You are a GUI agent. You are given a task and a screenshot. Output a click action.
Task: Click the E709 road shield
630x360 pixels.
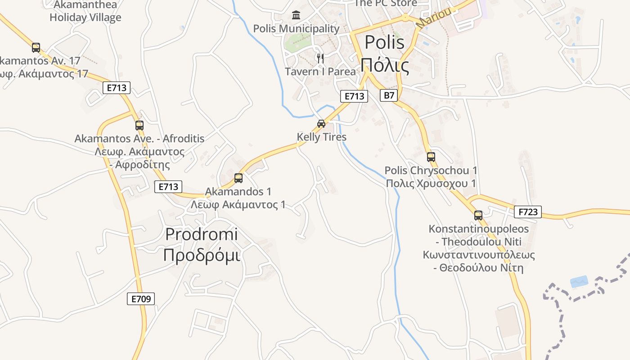[x=141, y=298]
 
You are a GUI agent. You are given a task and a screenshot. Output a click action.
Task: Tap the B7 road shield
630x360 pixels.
[x=389, y=95]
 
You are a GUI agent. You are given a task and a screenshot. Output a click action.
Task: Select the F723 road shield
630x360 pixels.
[x=528, y=211]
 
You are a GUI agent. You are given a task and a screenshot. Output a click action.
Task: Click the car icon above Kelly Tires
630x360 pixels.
[x=321, y=124]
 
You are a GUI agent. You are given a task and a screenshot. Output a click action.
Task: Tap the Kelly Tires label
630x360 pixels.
[x=322, y=137]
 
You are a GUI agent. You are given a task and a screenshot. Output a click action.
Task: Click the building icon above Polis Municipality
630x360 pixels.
[x=296, y=15]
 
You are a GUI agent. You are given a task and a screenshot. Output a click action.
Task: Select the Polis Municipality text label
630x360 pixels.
[x=296, y=29]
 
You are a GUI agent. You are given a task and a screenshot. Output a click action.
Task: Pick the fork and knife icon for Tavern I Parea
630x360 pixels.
[x=320, y=58]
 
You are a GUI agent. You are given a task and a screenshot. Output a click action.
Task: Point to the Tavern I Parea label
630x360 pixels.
[x=320, y=72]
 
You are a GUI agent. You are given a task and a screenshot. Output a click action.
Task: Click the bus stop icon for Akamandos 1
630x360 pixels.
[x=238, y=178]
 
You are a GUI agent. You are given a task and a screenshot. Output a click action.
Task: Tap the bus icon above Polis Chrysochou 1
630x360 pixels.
[x=431, y=157]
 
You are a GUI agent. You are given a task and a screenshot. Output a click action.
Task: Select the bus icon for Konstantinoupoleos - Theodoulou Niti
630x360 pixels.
[x=478, y=216]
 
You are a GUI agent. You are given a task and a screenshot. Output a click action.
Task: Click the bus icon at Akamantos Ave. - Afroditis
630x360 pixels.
[x=139, y=126]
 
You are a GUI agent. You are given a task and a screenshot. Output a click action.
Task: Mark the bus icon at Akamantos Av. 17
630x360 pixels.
[x=36, y=47]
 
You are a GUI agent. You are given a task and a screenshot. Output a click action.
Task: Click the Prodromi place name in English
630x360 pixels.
[x=202, y=234]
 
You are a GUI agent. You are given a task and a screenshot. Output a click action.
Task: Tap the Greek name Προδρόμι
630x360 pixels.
[x=202, y=255]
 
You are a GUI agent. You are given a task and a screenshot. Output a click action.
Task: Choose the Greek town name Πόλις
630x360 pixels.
[x=385, y=66]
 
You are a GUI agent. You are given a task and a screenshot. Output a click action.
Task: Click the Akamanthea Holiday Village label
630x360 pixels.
[x=85, y=11]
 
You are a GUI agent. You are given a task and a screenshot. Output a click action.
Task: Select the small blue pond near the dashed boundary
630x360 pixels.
[x=579, y=282]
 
